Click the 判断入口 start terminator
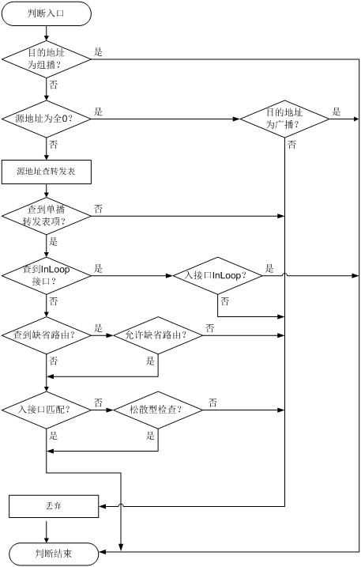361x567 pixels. pos(47,13)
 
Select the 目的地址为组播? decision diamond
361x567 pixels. pos(47,59)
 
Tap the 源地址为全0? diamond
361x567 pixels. pos(47,119)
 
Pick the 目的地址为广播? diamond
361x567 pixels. pos(284,119)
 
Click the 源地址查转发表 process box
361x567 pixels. pos(47,172)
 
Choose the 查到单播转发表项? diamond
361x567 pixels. pos(47,216)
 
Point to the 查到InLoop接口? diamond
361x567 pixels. pos(47,275)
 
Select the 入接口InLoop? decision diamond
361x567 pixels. pos(217,275)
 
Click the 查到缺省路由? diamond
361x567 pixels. pos(47,335)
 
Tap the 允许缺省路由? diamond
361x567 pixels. pos(158,335)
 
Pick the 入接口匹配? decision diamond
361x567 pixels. pos(47,410)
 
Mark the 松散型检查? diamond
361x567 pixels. pos(158,410)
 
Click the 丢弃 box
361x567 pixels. pos(54,506)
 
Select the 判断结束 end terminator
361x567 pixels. pos(54,554)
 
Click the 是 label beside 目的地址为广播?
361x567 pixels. pos(337,112)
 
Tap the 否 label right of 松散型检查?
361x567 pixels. pos(212,403)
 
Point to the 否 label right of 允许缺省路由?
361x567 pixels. pos(210,328)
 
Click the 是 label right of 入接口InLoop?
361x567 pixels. pos(269,268)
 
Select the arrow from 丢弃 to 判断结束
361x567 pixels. pos(47,530)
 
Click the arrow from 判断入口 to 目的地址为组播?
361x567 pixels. pos(47,33)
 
